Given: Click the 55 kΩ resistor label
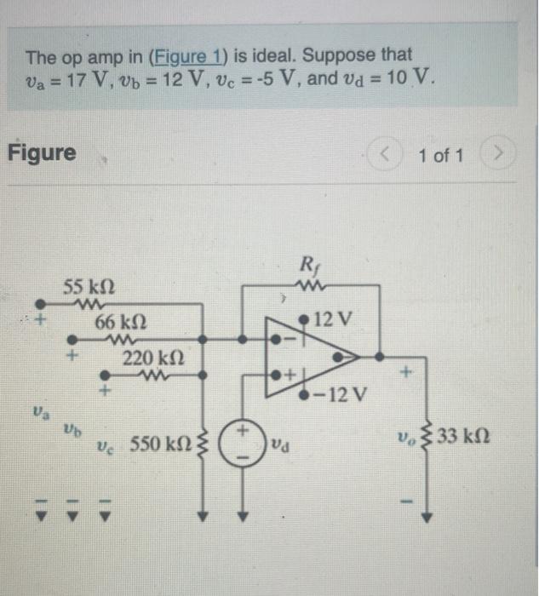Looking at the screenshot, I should point(89,287).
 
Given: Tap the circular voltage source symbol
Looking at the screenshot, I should point(241,444).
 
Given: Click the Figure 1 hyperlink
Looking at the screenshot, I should point(185,57).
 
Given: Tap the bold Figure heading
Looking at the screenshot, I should point(42,153).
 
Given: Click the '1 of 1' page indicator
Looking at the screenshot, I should point(441,156).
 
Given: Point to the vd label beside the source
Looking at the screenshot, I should point(280,444).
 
